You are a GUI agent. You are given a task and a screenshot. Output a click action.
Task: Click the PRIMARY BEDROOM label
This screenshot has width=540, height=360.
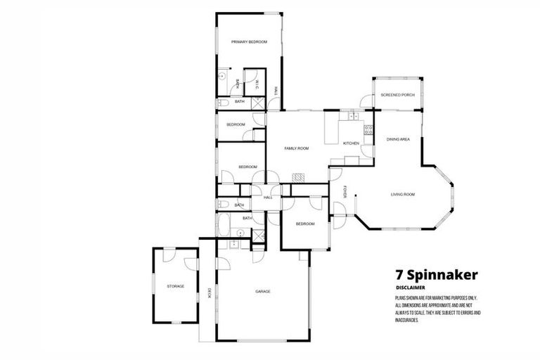click(x=250, y=42)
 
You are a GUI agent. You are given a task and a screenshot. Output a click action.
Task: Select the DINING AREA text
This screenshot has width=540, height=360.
click(x=398, y=139)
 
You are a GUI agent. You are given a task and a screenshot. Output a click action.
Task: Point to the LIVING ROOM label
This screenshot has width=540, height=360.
click(x=404, y=194)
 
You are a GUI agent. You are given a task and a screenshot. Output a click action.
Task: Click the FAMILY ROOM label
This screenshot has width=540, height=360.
click(x=296, y=148)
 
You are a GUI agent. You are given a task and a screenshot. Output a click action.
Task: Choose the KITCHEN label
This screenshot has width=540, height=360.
click(x=351, y=143)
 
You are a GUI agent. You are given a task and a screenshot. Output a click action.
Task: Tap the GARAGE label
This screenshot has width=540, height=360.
click(x=263, y=291)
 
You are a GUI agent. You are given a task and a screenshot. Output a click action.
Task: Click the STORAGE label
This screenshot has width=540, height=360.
click(x=175, y=286)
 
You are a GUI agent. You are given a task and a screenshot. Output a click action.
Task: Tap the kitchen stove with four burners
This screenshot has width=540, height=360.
click(x=367, y=129)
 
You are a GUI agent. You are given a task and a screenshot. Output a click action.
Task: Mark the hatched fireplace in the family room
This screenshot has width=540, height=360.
click(x=299, y=178)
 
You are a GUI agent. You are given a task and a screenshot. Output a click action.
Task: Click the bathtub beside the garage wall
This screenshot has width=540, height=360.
click(x=224, y=226)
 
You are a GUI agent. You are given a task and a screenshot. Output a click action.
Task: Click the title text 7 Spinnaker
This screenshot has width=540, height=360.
click(x=437, y=274)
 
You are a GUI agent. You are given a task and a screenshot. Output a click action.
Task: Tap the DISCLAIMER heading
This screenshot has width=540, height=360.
click(x=410, y=288)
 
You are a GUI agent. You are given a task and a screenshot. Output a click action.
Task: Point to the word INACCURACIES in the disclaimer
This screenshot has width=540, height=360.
click(x=407, y=320)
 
